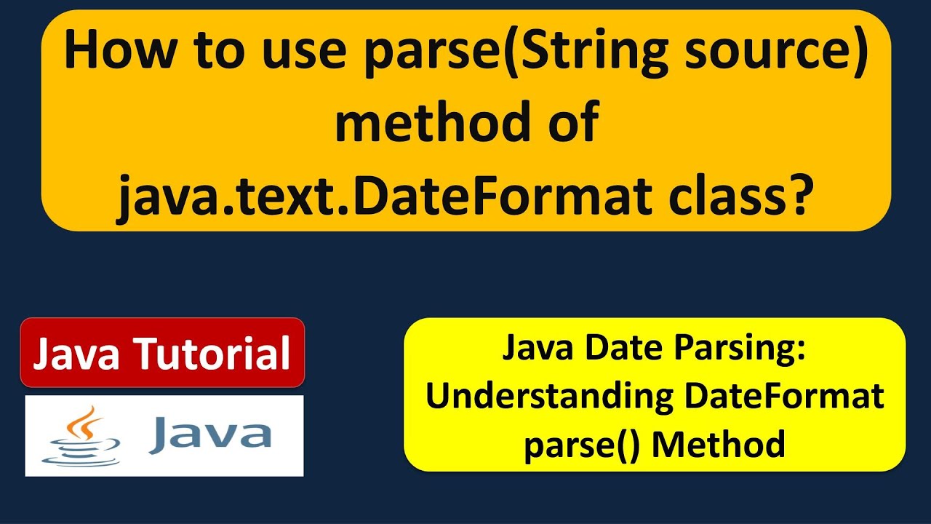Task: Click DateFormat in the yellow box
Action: (783, 397)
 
